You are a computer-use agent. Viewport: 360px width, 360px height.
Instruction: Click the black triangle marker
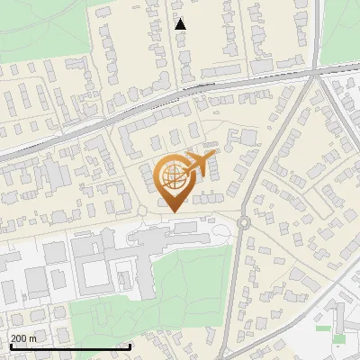pos(181,24)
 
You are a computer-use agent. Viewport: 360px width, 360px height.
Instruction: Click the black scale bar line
pos(70,346)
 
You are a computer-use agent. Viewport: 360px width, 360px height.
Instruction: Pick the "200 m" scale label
pos(24,338)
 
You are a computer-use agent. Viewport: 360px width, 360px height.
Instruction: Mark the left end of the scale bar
pos(10,346)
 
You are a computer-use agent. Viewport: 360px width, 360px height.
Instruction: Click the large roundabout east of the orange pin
pos(244,221)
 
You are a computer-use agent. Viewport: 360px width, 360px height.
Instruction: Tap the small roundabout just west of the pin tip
pos(141,211)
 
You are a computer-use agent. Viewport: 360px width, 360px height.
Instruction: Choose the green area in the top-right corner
pos(342,27)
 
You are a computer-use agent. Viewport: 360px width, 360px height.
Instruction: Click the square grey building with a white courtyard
pos(94,271)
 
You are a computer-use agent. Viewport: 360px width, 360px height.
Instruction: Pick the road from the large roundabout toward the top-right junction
pos(279,144)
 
